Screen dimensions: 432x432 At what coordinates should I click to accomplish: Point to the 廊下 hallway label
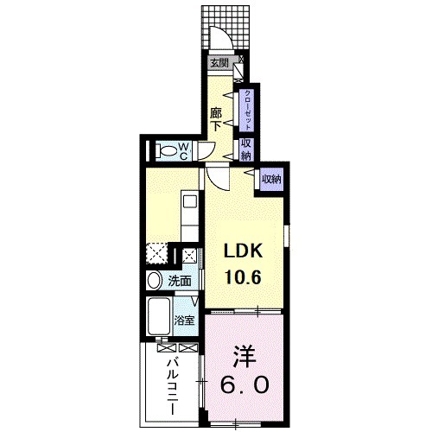(217, 118)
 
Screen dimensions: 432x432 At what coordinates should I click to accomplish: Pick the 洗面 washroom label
(180, 281)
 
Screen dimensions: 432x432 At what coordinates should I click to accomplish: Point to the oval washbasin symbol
(153, 281)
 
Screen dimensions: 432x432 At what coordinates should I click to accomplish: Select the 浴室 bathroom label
(184, 321)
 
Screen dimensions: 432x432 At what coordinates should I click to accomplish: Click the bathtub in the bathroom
(158, 319)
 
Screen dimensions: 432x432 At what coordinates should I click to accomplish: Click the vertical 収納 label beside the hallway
(246, 149)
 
